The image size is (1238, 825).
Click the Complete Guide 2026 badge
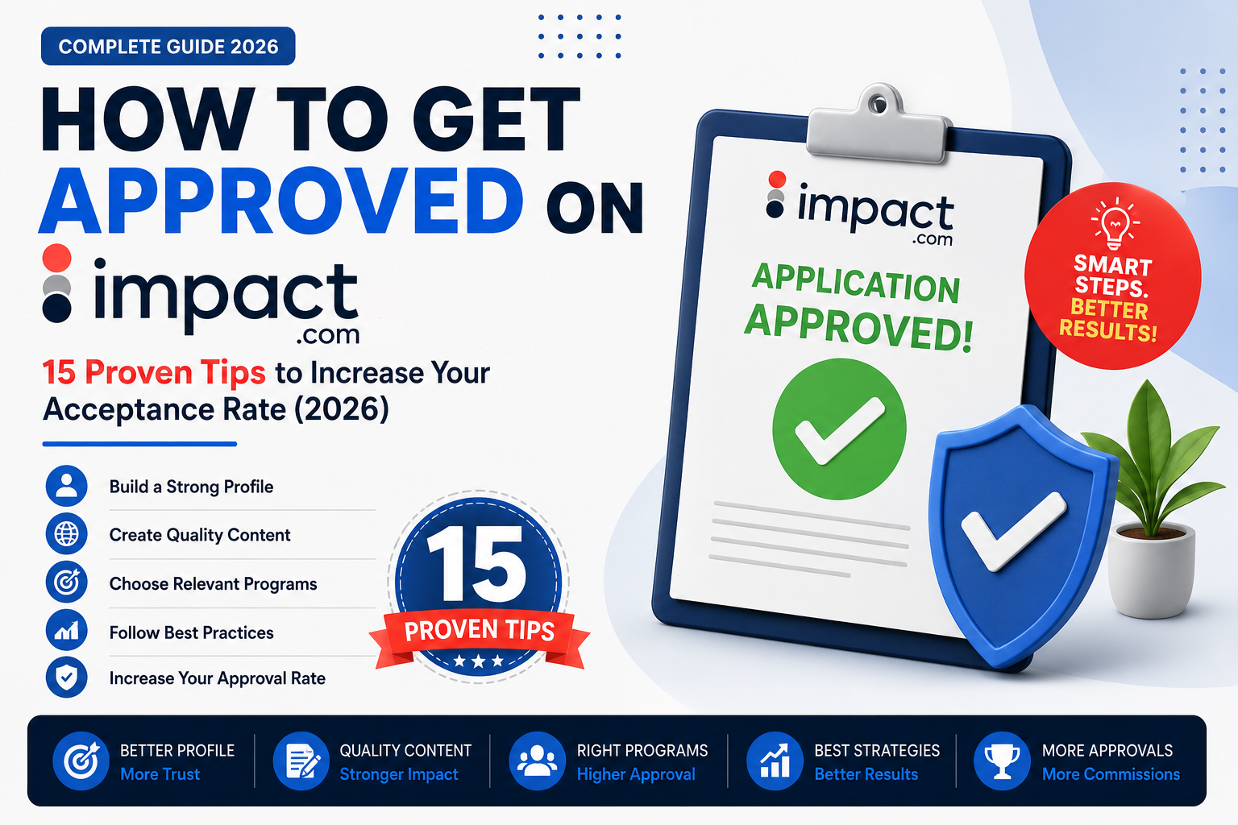(x=168, y=47)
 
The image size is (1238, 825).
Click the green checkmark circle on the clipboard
(x=839, y=429)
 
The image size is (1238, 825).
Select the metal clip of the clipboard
(x=878, y=125)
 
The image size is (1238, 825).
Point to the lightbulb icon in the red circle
(x=1114, y=223)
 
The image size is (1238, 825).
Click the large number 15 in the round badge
(x=476, y=564)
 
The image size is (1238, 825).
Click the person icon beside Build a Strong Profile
(x=66, y=487)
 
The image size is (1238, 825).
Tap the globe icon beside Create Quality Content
(x=66, y=534)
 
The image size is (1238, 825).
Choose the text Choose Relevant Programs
(x=213, y=584)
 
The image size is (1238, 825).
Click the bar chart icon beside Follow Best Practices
(x=66, y=631)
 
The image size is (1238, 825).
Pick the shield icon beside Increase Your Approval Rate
(x=66, y=677)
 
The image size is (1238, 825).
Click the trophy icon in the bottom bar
(x=1002, y=761)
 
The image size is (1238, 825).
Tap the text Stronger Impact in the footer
(x=399, y=775)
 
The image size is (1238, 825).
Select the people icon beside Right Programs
(x=538, y=761)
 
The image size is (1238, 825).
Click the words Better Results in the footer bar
(x=866, y=775)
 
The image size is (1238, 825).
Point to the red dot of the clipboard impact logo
(x=777, y=179)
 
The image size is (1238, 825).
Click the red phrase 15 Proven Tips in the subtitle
(x=154, y=372)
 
